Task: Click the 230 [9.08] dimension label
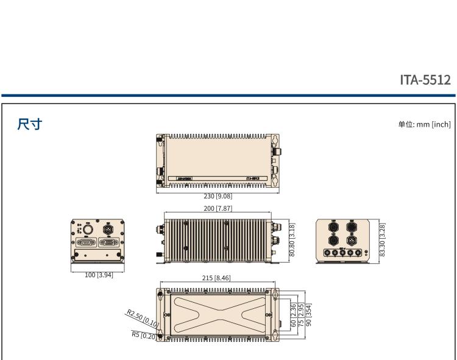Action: pyautogui.click(x=218, y=196)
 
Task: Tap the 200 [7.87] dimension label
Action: pyautogui.click(x=218, y=208)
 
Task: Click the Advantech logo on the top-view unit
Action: pyautogui.click(x=184, y=178)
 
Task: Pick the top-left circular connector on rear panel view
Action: pyautogui.click(x=334, y=226)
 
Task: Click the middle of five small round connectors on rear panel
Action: pyautogui.click(x=344, y=252)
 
